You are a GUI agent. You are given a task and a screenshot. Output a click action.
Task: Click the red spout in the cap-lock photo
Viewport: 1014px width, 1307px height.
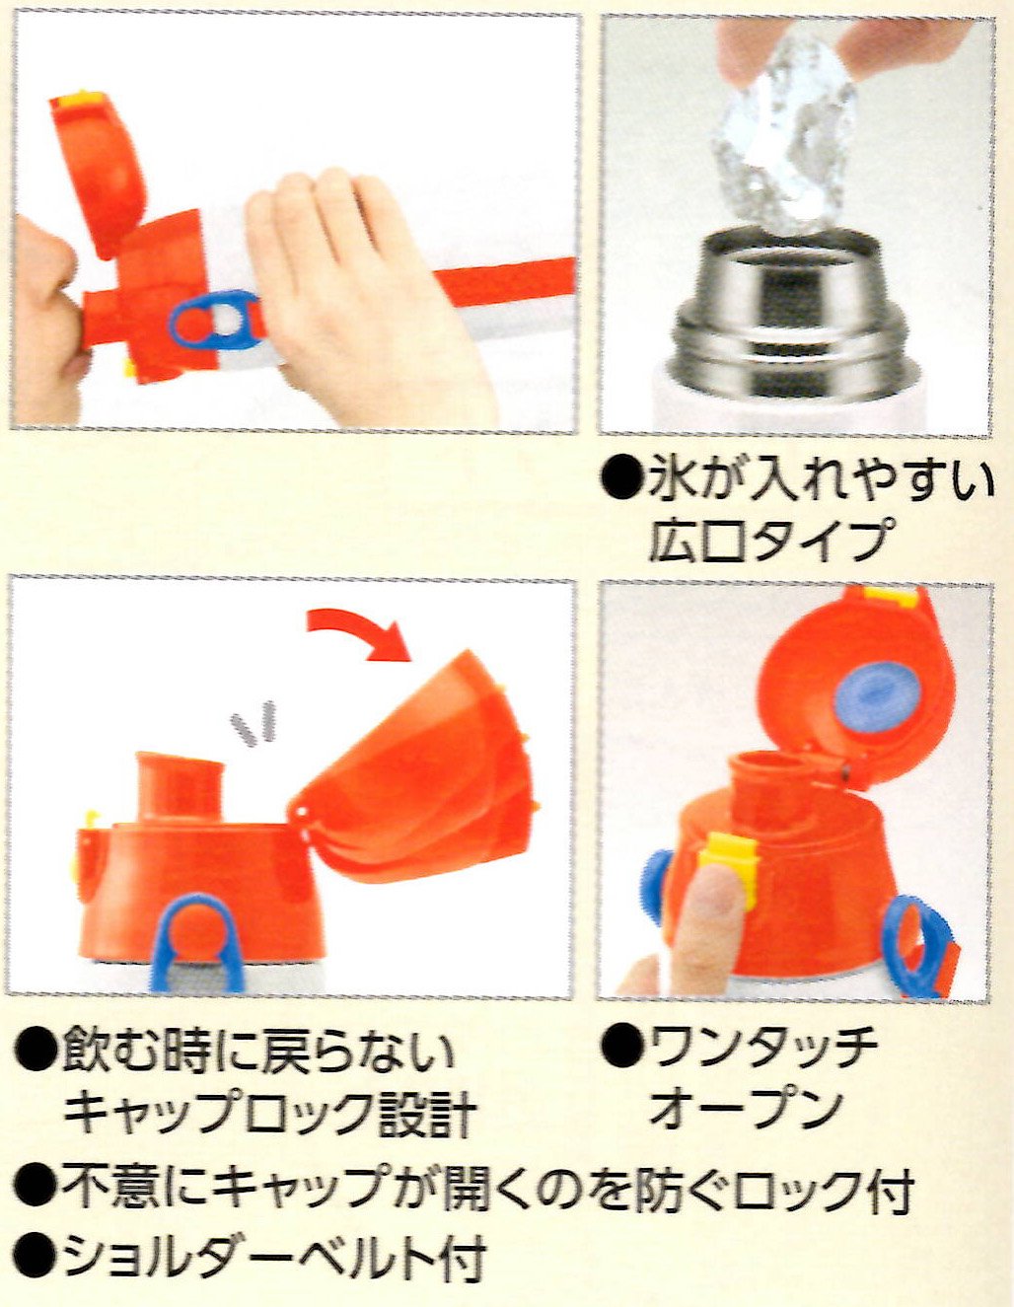(x=180, y=788)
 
